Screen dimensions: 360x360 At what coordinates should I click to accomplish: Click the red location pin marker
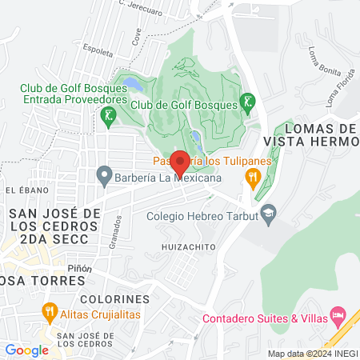point(180,162)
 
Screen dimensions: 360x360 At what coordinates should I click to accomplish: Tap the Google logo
point(26,350)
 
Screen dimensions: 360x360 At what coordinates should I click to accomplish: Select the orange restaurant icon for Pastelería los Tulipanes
point(254,177)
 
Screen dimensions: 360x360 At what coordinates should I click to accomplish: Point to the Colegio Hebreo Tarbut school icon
point(269,212)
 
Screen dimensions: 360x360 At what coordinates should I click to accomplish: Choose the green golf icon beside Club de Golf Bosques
point(249,102)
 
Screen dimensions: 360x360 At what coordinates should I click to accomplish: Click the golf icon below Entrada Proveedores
point(106,116)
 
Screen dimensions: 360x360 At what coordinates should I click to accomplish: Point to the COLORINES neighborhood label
point(114,298)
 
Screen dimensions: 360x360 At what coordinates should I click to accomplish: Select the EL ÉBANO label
point(22,190)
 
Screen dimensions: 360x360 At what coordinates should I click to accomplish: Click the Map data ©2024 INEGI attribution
point(310,354)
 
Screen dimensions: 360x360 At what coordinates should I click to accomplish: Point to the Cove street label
point(138,37)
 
